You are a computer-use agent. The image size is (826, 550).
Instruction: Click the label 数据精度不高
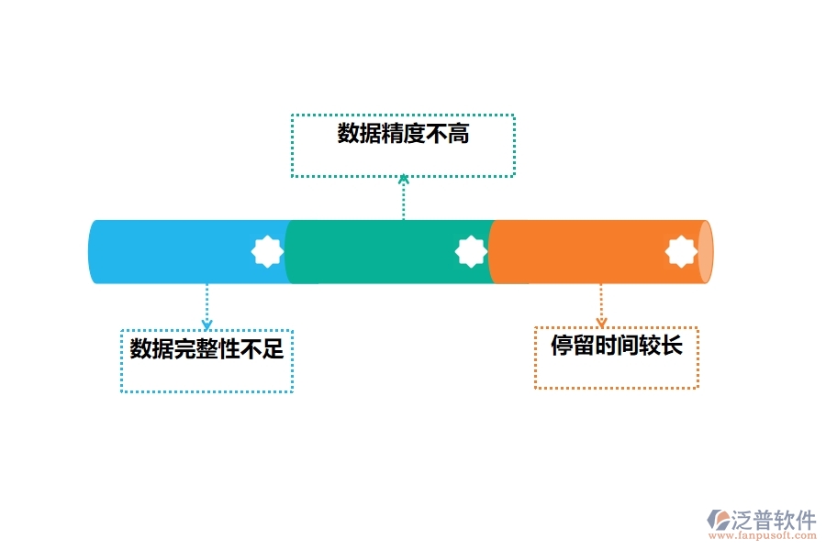pos(403,134)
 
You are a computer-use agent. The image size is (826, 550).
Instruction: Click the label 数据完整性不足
pos(206,349)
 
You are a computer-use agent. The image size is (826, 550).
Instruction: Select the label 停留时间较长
pos(616,346)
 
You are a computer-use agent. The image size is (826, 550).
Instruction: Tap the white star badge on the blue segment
pos(267,251)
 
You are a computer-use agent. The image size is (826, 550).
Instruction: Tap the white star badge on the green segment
pos(471,251)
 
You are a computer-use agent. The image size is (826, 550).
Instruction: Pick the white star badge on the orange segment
pos(681,251)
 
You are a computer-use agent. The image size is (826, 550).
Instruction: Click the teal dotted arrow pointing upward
pos(403,197)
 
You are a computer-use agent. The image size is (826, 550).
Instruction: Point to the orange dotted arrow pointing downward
pos(601,305)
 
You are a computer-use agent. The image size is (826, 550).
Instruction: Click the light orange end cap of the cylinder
pos(705,252)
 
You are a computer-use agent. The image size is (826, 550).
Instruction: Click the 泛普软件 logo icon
pos(718,521)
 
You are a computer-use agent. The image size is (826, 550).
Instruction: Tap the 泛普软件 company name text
pos(774,520)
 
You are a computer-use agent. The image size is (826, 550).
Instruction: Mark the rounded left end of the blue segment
pos(94,252)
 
